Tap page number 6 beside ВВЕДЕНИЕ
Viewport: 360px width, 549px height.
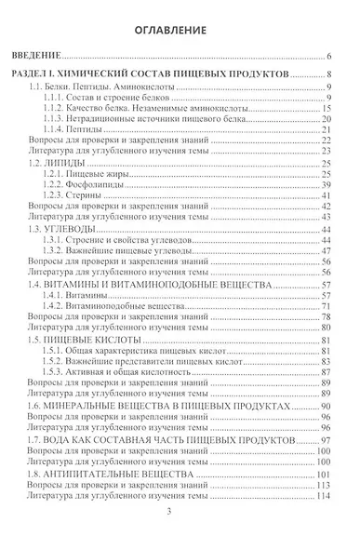[x=330, y=57]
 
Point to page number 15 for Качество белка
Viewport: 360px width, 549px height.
[x=328, y=108]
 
